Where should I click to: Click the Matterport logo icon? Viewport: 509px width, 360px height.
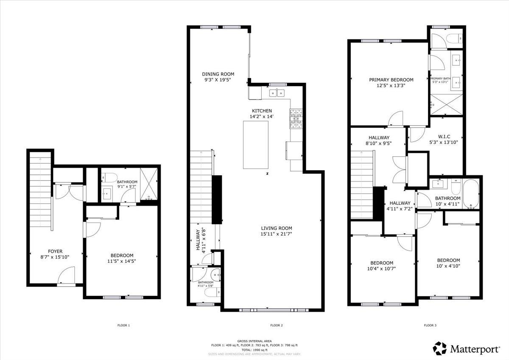click(x=440, y=349)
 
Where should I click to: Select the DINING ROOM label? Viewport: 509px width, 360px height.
click(x=218, y=74)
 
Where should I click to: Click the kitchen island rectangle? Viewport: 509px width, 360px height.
click(x=256, y=145)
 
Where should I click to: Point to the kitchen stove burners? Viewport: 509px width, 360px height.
click(x=296, y=119)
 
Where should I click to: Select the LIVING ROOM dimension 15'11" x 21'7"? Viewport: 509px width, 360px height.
click(x=276, y=233)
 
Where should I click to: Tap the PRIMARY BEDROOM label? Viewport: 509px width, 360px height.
click(x=391, y=79)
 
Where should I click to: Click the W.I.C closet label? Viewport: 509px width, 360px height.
click(x=444, y=136)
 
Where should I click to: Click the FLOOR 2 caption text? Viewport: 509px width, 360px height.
click(x=276, y=326)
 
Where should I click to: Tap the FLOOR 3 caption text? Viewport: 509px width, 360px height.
click(x=430, y=326)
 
